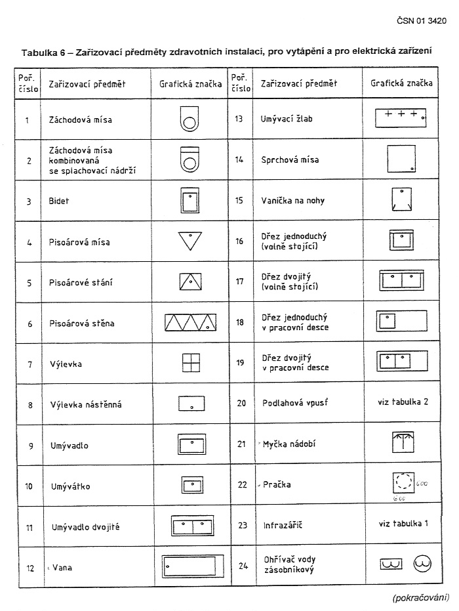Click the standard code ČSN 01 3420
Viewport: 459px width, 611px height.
coord(422,21)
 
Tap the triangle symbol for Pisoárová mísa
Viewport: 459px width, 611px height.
coord(190,241)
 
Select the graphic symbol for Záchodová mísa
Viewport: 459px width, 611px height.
coord(189,119)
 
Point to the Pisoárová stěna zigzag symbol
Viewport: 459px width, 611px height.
coord(190,322)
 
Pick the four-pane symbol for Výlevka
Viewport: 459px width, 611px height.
coord(190,362)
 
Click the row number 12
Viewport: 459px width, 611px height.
coord(30,568)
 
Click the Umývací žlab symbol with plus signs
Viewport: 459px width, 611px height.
coord(401,117)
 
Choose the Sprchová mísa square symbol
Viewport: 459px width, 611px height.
coord(401,158)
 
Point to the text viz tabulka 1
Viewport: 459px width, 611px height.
coord(403,523)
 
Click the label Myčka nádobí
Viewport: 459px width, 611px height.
coord(289,444)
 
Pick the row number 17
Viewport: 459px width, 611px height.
coord(239,282)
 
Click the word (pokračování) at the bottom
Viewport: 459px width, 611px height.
coord(420,597)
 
